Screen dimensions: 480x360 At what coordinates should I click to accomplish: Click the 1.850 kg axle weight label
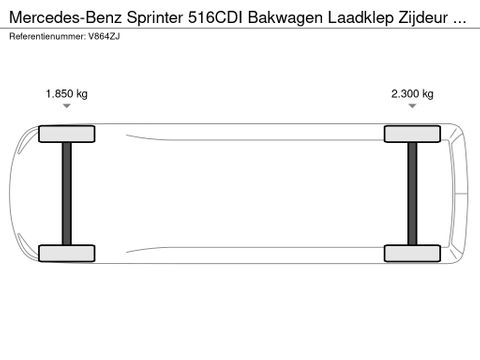coord(67,94)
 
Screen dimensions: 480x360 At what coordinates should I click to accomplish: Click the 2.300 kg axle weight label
coord(412,94)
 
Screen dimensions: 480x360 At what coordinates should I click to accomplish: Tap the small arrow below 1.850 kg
coord(67,106)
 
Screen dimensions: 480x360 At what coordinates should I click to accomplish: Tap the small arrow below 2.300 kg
coord(412,106)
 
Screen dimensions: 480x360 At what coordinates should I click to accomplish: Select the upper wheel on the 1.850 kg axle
coord(67,134)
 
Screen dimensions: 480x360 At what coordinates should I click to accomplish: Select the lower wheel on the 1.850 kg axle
coord(67,253)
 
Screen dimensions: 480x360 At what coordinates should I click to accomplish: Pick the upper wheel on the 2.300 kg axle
coord(412,134)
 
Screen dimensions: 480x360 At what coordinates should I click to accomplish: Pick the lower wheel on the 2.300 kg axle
coord(412,253)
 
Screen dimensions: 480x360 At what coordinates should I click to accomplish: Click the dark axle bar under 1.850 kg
coord(67,194)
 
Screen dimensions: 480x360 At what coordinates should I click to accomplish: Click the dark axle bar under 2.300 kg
coord(412,194)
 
